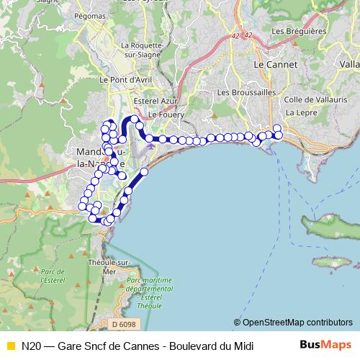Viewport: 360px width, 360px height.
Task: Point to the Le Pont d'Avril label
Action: click(x=123, y=80)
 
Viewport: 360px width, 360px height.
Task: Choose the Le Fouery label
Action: click(x=166, y=114)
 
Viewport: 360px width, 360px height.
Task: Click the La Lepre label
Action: click(x=300, y=113)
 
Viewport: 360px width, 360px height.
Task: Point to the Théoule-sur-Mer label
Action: click(x=107, y=267)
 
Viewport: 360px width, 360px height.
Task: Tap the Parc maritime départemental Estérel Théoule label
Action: click(x=150, y=292)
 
